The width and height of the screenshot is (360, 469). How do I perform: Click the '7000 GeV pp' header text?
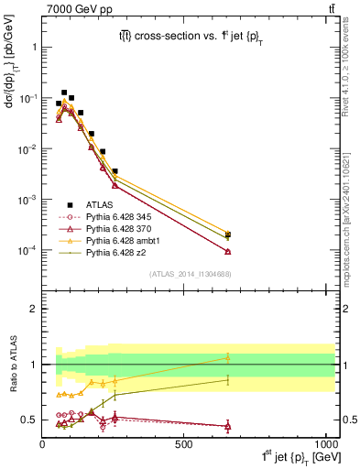coord(72,8)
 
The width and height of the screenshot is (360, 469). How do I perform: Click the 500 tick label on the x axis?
coord(185,443)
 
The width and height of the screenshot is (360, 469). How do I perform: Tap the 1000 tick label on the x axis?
coord(325,443)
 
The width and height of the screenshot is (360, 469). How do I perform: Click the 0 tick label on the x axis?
coord(43,443)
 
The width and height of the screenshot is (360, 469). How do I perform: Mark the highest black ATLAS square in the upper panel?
coord(64,93)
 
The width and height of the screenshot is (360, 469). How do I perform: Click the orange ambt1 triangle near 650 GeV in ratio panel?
coord(227,357)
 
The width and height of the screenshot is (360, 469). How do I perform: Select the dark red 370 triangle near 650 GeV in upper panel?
coord(227,251)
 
